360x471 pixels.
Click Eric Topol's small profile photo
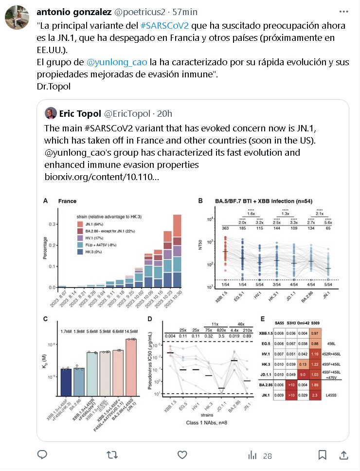point(50,114)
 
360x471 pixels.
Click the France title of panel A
point(67,201)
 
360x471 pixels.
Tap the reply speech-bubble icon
point(43,455)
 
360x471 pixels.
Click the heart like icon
point(182,455)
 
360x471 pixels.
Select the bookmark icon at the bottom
point(322,455)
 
